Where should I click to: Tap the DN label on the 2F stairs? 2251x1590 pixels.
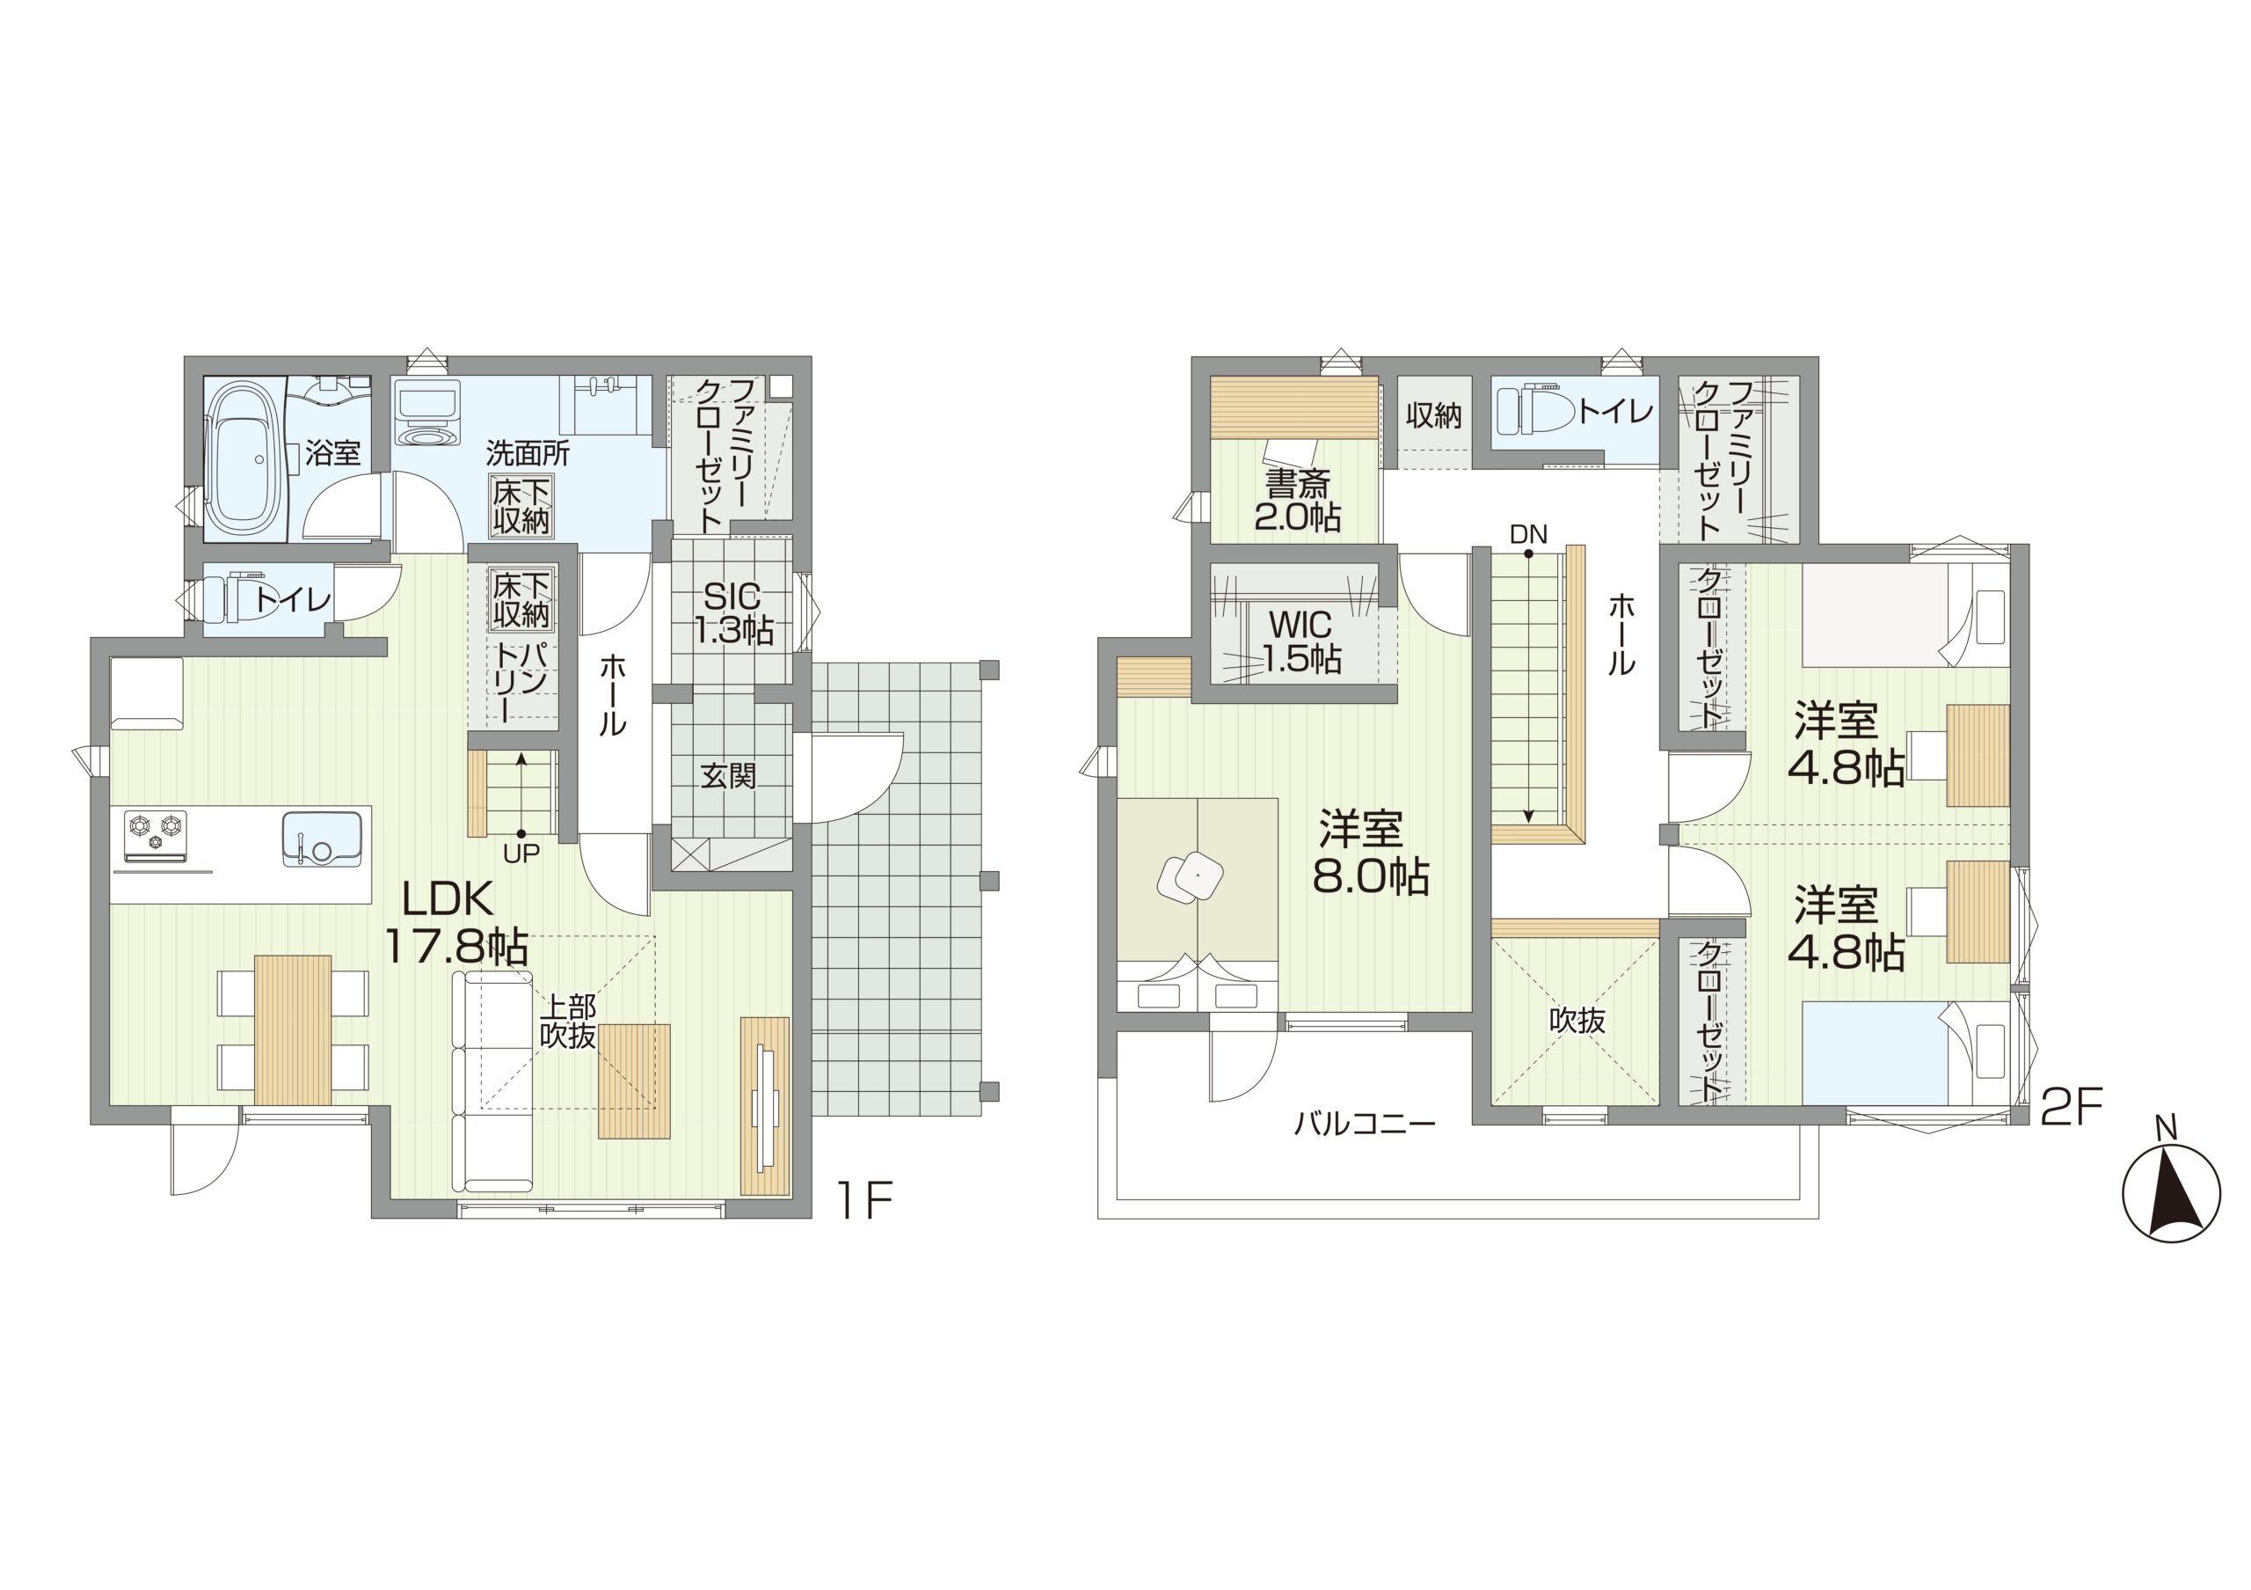1527,535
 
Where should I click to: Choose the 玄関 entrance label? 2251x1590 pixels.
727,776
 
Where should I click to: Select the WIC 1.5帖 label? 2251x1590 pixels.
1301,642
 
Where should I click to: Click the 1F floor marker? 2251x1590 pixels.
863,1198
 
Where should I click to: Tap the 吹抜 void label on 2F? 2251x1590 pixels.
1577,1021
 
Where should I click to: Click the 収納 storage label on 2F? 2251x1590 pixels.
1433,416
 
